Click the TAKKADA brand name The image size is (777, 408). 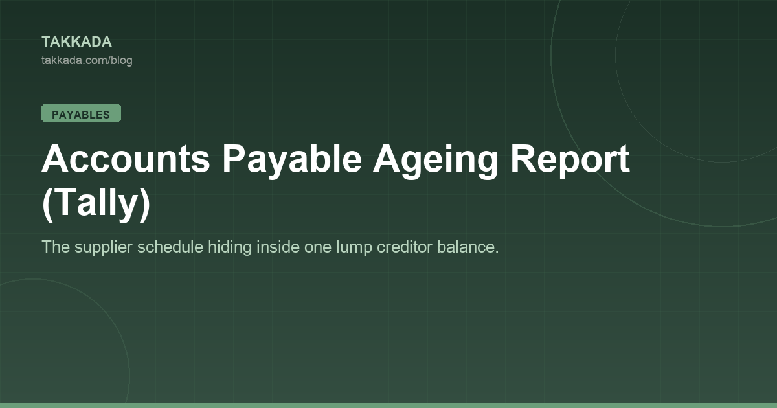76,42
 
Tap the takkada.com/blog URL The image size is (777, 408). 87,60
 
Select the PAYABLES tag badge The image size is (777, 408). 81,113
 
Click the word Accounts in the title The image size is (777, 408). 126,159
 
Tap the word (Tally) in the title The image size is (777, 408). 96,203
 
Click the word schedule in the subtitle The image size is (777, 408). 170,247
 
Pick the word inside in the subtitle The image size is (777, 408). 278,247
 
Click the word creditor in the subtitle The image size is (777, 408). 404,247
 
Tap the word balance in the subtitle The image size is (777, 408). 467,247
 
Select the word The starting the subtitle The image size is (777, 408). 56,247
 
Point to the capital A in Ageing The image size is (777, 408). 387,158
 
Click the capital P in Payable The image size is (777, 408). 234,158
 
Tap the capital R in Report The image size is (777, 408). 524,158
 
